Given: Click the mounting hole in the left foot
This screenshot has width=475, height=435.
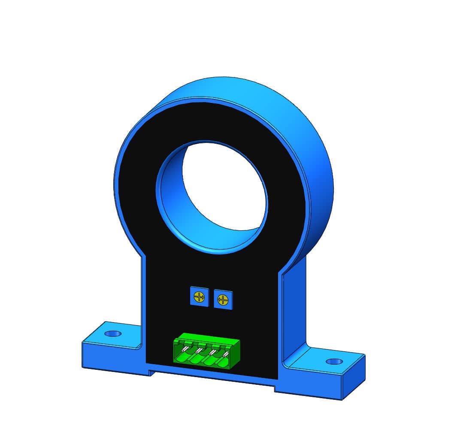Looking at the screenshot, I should tap(113, 333).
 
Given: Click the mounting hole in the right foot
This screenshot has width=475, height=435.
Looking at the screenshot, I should tap(334, 361).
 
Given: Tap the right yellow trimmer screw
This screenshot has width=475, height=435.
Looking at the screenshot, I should tap(222, 299).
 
